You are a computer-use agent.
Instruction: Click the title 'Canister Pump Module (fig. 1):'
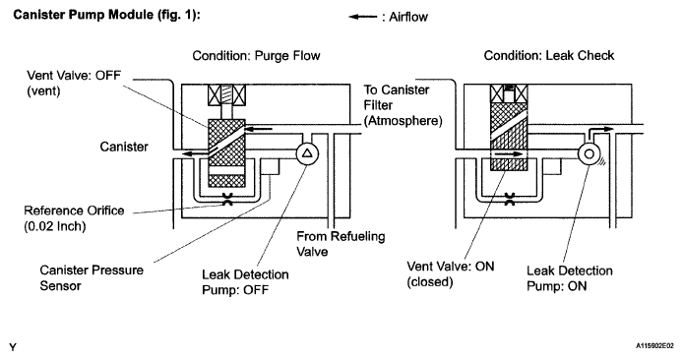[106, 15]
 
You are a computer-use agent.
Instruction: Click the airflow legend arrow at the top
[363, 17]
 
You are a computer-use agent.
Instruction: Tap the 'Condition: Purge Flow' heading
[256, 56]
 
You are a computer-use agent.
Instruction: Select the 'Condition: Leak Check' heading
[549, 55]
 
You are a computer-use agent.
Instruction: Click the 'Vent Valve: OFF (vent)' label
[74, 83]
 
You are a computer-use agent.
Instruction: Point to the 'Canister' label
[124, 147]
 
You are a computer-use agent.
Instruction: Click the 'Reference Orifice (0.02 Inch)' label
[74, 218]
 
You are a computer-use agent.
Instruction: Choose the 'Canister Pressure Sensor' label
[92, 277]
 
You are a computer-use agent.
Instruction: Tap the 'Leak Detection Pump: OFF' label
[245, 282]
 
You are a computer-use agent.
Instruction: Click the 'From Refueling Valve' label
[341, 244]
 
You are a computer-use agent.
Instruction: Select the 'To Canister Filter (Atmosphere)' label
[403, 105]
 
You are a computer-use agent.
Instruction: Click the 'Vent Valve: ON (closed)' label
[451, 273]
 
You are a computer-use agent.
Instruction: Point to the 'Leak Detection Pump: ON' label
[569, 278]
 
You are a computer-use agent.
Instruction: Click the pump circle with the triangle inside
[307, 153]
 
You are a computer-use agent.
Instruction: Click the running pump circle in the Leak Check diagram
[589, 153]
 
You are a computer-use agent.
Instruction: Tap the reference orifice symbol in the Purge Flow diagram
[227, 199]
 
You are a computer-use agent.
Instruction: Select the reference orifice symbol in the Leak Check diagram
[509, 199]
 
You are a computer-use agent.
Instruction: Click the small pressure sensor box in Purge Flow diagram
[270, 167]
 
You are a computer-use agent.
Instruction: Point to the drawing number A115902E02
[654, 346]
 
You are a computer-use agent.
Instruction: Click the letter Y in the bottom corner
[13, 347]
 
